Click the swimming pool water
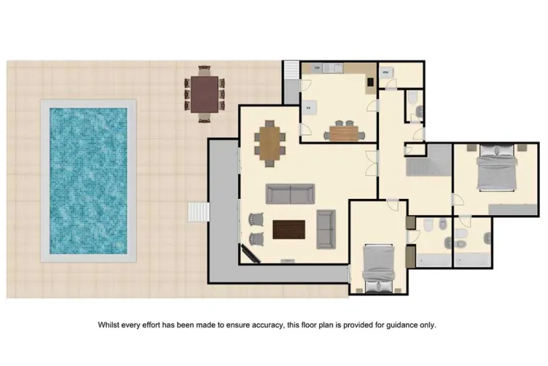89,181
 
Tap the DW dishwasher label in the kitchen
317,68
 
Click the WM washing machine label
387,73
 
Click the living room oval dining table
269,142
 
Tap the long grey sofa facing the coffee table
290,194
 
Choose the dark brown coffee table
289,229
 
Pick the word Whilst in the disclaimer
110,325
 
